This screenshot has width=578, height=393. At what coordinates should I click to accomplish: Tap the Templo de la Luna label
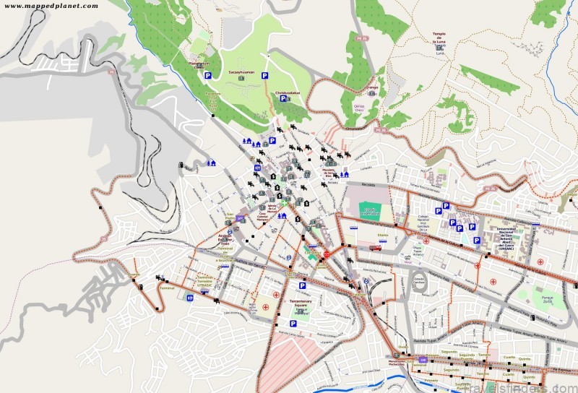pyautogui.click(x=439, y=36)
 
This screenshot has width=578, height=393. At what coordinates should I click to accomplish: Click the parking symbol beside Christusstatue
pyautogui.click(x=283, y=99)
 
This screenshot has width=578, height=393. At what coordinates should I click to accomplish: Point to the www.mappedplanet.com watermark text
pyautogui.click(x=51, y=6)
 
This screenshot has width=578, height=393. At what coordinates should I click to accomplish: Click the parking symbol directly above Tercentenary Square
pyautogui.click(x=302, y=286)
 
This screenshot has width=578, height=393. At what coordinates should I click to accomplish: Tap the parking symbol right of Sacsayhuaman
pyautogui.click(x=264, y=75)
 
